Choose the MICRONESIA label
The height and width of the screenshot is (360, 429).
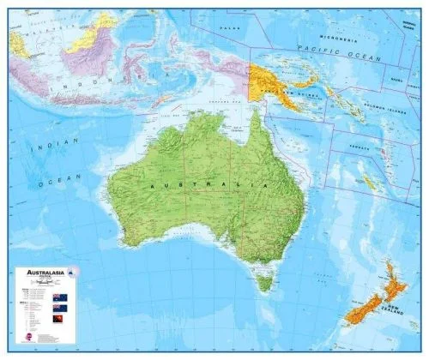(338, 39)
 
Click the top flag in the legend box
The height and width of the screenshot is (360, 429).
(60, 297)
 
